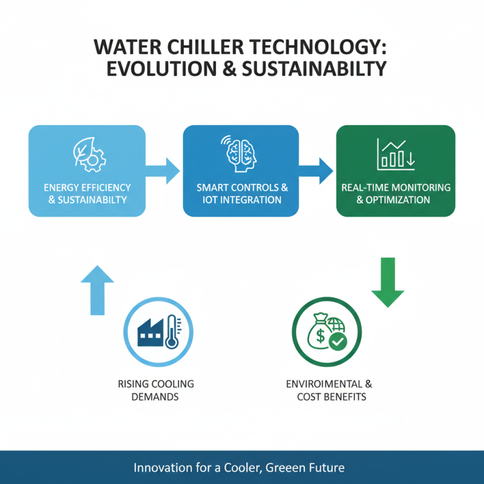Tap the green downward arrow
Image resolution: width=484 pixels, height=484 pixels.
point(387,282)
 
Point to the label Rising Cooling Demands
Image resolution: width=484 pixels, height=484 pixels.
point(157,391)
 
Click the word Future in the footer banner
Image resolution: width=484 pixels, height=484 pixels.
point(327,468)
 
